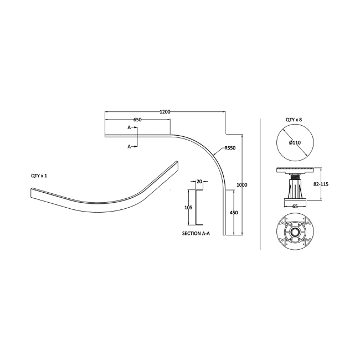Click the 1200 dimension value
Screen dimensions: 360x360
pos(165,112)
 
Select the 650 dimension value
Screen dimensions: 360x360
pos(137,120)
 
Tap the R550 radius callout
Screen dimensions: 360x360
pos(230,148)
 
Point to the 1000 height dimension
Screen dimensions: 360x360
pos(242,185)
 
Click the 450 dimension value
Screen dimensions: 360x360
pos(234,213)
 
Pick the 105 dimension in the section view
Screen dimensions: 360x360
pos(188,208)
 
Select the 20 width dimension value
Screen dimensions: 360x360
pos(199,181)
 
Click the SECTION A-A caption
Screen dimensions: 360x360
pos(196,234)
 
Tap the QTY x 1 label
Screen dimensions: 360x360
pos(39,176)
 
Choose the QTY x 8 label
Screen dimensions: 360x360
pos(294,120)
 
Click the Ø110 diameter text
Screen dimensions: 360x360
pos(295,142)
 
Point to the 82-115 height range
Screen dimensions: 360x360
pos(321,184)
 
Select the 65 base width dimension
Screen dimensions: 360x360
pos(295,207)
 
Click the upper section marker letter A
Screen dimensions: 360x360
pos(129,127)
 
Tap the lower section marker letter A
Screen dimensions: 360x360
pos(129,146)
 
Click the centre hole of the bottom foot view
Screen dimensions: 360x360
pos(295,233)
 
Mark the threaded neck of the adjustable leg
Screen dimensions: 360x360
pos(295,177)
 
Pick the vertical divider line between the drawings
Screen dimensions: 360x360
pos(260,184)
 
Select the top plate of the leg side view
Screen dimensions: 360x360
pos(295,170)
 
